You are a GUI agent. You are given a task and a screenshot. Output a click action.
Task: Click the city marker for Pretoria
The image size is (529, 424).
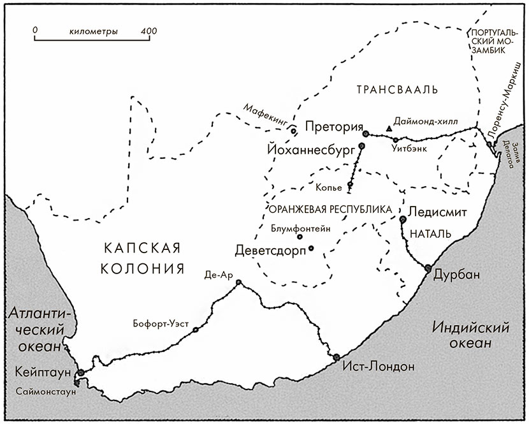[366, 134]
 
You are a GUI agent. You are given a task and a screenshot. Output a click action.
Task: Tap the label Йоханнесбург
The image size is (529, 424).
[310, 150]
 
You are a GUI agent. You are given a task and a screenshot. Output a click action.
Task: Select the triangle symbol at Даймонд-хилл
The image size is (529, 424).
[389, 128]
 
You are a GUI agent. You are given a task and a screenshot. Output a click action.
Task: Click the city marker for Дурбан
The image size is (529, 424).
[428, 268]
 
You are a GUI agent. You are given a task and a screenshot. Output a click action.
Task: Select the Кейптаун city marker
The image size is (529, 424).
[80, 373]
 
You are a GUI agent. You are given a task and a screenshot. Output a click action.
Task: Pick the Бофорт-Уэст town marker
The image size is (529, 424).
[196, 330]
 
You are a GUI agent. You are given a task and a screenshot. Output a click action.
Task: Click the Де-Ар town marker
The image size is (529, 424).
[238, 282]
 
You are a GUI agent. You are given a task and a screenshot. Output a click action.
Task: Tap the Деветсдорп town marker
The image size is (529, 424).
[311, 248]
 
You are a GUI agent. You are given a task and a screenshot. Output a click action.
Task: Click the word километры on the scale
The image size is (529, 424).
[92, 31]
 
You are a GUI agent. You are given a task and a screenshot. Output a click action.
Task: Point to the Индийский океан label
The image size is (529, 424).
[471, 335]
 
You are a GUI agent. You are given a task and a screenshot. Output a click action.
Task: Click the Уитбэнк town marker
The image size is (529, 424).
[396, 140]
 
